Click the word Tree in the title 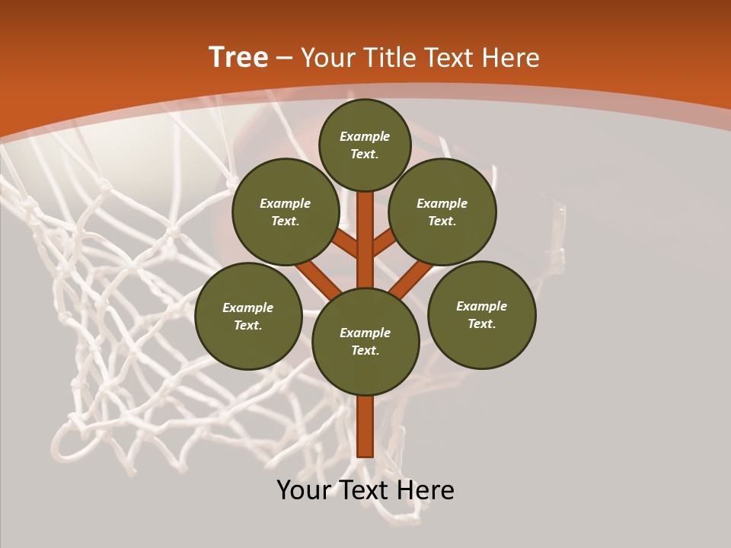click(x=238, y=58)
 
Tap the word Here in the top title click(x=511, y=58)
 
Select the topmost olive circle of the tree click(x=365, y=145)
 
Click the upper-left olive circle click(x=286, y=212)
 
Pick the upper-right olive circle click(x=442, y=212)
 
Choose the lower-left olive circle click(x=248, y=316)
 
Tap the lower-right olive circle click(x=481, y=314)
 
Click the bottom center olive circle click(x=365, y=341)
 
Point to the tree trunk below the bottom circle click(x=365, y=426)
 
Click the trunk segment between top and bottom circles click(x=365, y=240)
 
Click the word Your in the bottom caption click(x=305, y=490)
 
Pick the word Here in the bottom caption click(x=426, y=490)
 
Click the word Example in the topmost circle click(x=365, y=136)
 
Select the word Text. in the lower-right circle click(x=481, y=323)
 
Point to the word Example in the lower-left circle click(x=248, y=307)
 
